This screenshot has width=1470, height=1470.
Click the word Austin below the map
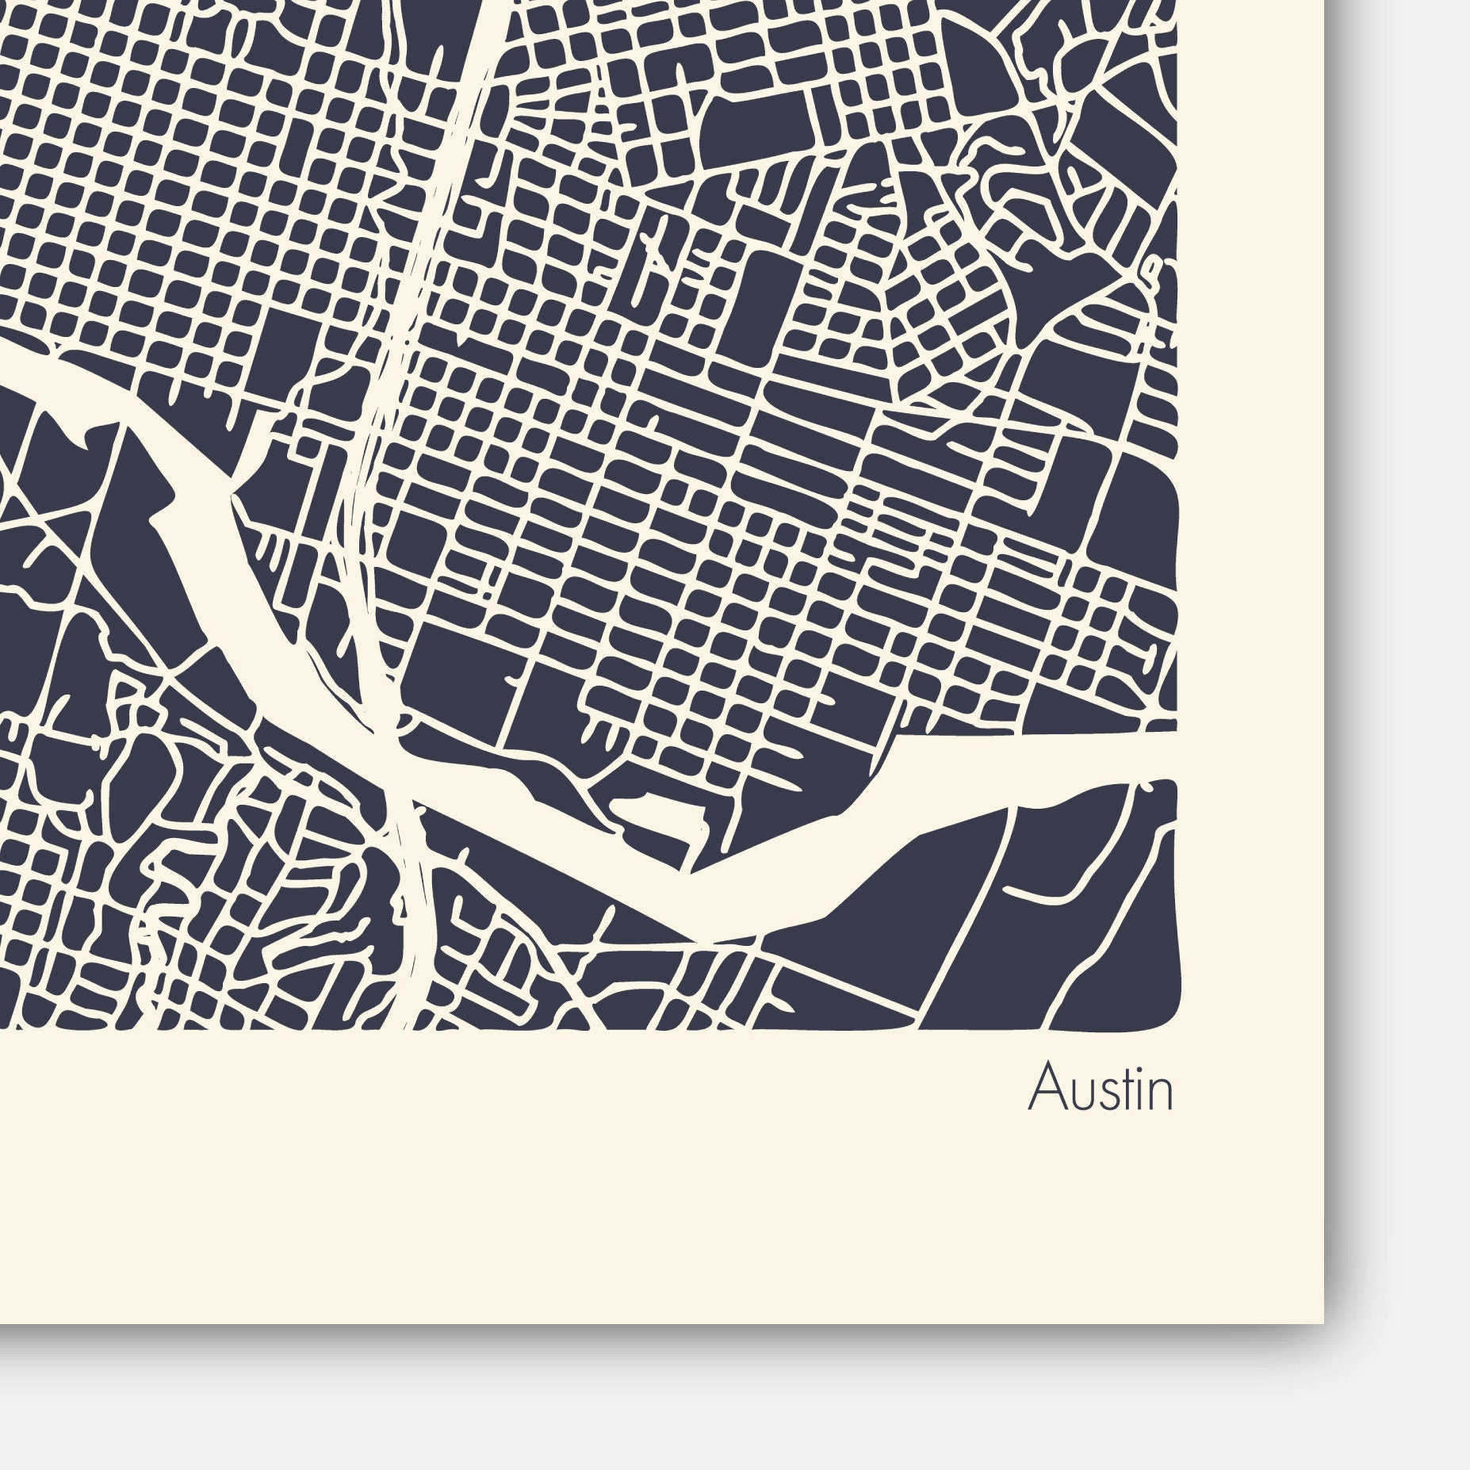[1101, 1089]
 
